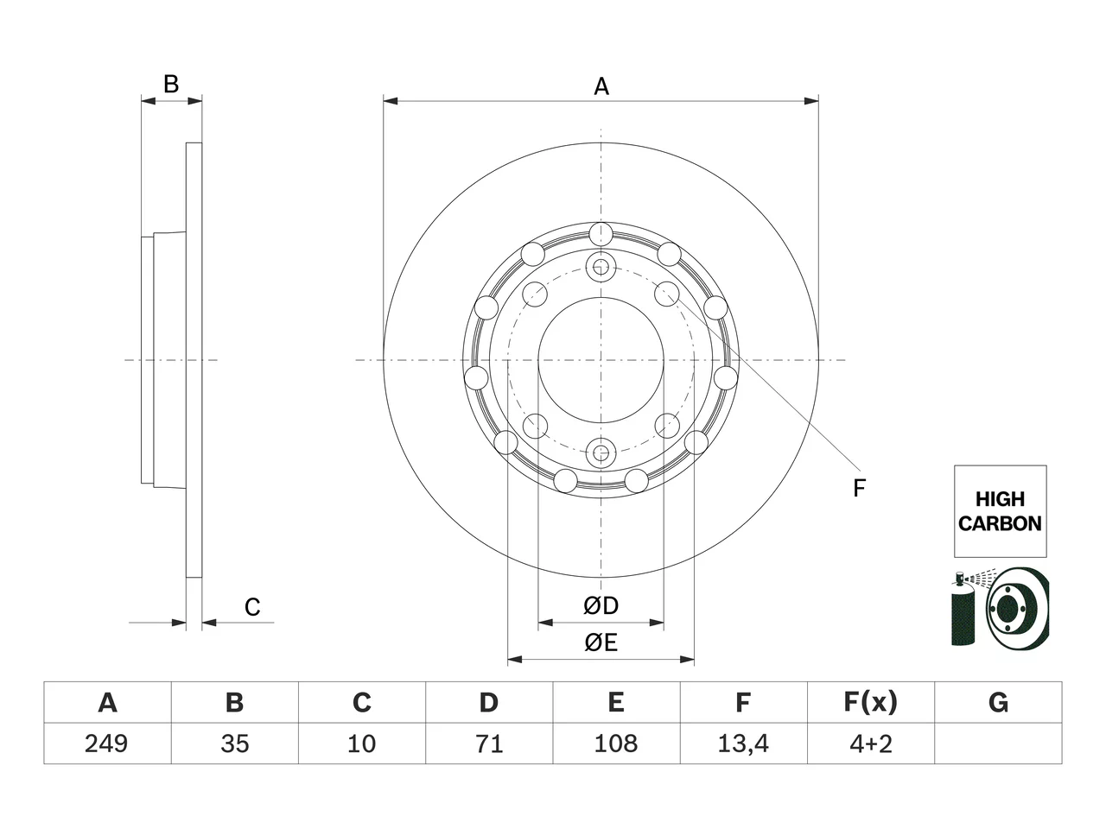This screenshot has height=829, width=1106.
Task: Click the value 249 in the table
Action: point(106,744)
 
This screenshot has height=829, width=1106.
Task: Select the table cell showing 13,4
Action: point(743,744)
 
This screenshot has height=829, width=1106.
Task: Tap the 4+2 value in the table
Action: point(871,744)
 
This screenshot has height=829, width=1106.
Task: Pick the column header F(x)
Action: point(871,702)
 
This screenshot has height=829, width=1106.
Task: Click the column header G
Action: point(998,702)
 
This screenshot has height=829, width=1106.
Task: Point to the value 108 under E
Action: point(616,744)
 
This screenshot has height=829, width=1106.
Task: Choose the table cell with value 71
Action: point(489,744)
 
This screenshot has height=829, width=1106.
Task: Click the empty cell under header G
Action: point(998,744)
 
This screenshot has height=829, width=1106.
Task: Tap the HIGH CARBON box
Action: point(1001,511)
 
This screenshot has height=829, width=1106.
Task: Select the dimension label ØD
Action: point(601,605)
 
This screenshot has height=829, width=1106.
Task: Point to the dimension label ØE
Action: point(601,642)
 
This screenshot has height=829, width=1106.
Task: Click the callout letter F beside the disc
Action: point(859,488)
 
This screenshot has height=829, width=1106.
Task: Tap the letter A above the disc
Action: point(601,86)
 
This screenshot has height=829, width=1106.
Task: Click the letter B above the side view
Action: point(171,84)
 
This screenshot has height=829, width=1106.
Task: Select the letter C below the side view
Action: point(252,608)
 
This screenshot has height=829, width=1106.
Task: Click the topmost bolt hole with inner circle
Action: point(601,266)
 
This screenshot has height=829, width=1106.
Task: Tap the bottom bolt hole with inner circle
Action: point(601,453)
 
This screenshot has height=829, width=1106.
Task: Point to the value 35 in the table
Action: point(234,744)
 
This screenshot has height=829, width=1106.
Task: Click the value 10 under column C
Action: point(361,744)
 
